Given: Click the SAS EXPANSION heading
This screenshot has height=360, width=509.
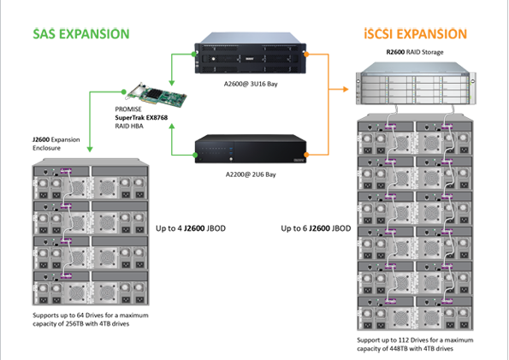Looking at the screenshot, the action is [x=81, y=34].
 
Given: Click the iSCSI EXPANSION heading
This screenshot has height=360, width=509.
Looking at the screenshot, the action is [x=416, y=34].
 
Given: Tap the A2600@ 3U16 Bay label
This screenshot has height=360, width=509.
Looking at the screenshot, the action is [x=251, y=84].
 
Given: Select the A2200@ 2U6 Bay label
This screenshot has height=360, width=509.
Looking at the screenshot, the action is [x=251, y=174].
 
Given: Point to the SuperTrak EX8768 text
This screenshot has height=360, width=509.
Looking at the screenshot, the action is [x=141, y=117].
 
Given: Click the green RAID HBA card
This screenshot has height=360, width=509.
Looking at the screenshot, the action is [x=157, y=94].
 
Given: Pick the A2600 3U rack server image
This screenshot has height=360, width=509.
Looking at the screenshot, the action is [x=251, y=53].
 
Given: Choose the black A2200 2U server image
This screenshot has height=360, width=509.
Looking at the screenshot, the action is [x=251, y=149].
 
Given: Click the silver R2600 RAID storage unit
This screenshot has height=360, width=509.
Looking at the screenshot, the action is [x=416, y=84].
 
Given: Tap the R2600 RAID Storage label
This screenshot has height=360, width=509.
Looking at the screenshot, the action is [x=415, y=52].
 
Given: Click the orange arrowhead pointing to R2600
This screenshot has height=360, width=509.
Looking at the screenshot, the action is [x=346, y=89].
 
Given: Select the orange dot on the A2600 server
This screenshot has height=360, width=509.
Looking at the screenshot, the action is [x=306, y=54].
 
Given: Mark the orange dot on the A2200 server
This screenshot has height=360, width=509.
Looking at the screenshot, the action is [x=306, y=155].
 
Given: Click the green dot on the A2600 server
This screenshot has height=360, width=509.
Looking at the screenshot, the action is [x=194, y=54].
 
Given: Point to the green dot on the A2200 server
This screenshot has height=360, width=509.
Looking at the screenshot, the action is [x=195, y=155].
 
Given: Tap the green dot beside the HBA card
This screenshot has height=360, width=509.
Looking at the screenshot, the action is [x=124, y=91].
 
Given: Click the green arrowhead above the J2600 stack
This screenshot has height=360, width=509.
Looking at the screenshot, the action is [x=90, y=150].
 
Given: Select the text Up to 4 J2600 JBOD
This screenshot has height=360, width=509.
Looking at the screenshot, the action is [x=191, y=228].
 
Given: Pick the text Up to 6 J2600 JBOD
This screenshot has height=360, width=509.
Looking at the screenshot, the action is [x=316, y=228].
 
